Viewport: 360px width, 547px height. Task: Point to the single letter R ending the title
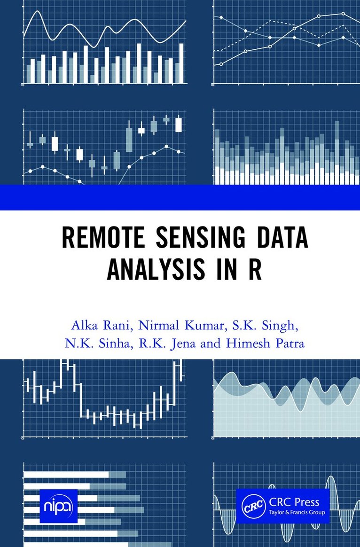[x=255, y=270]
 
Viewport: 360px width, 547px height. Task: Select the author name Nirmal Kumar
[x=180, y=326]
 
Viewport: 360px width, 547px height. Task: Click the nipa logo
[x=58, y=506]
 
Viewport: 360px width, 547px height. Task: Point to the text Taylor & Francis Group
[x=297, y=513]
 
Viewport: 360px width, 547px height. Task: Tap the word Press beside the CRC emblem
[x=306, y=502]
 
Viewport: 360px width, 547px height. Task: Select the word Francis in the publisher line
[x=299, y=512]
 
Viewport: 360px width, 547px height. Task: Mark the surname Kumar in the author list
[x=203, y=326]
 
